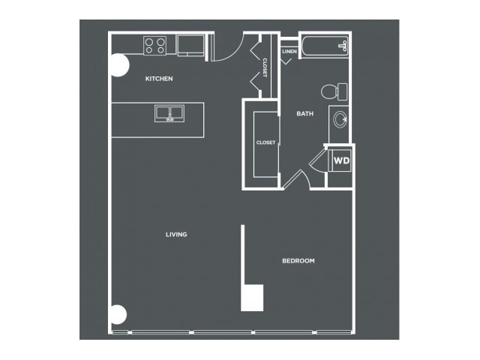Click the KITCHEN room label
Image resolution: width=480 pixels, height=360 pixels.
pyautogui.click(x=159, y=79)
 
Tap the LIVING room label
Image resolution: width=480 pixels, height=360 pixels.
pyautogui.click(x=176, y=235)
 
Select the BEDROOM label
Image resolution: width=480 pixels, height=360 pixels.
pyautogui.click(x=298, y=261)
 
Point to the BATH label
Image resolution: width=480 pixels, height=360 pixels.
pyautogui.click(x=305, y=113)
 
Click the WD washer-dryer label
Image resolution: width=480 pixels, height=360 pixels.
pyautogui.click(x=342, y=160)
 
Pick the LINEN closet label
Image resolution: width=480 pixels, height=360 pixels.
pyautogui.click(x=289, y=52)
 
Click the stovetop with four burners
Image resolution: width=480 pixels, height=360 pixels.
pyautogui.click(x=155, y=46)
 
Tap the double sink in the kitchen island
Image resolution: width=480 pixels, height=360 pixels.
pyautogui.click(x=169, y=113)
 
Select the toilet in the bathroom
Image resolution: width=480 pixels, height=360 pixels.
pyautogui.click(x=334, y=91)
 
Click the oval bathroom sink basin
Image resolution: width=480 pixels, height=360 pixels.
pyautogui.click(x=340, y=119)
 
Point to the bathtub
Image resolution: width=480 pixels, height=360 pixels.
pyautogui.click(x=325, y=46)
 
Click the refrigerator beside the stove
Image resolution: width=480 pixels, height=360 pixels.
pyautogui.click(x=190, y=45)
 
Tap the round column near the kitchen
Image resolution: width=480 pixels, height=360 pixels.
pyautogui.click(x=118, y=65)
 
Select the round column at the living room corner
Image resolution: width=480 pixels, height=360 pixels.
pyautogui.click(x=118, y=314)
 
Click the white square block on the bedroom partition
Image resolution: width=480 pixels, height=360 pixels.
pyautogui.click(x=252, y=298)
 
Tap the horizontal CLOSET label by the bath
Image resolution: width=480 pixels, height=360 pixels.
pyautogui.click(x=265, y=142)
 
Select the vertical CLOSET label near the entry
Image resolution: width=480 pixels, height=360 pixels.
pyautogui.click(x=265, y=67)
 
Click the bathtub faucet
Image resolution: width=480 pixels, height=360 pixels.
pyautogui.click(x=343, y=46)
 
